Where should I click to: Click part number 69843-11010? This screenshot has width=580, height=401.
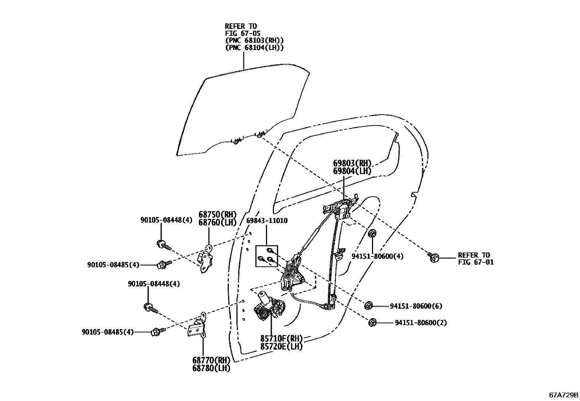point(267,221)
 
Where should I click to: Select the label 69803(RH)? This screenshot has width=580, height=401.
point(352,163)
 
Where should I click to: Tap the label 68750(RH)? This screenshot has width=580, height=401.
point(217,215)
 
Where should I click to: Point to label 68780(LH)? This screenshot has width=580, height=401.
point(211,368)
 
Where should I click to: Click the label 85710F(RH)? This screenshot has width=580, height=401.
point(281,339)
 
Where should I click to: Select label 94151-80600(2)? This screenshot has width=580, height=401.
point(421,323)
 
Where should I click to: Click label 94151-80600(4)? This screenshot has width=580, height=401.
point(377,256)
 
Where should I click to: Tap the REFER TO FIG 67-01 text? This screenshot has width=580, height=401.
point(475,258)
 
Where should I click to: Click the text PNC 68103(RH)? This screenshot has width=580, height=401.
point(254,40)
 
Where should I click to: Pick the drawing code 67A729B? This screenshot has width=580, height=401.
point(564,395)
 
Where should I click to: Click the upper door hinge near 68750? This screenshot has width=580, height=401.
point(206,259)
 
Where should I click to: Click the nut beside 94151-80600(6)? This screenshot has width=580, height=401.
point(369,305)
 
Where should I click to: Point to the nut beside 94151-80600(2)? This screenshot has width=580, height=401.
point(372,322)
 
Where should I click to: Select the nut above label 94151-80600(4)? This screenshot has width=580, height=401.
point(372,234)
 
